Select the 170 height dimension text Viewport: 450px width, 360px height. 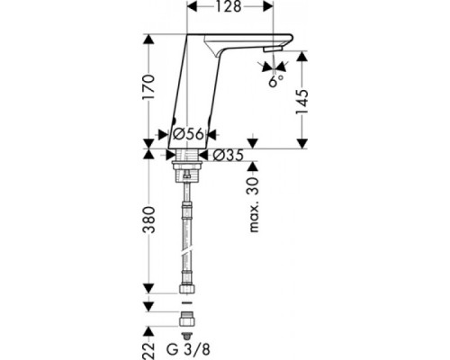(151, 89)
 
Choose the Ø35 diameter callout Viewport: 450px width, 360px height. (229, 154)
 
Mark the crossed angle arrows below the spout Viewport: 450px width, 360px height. (271, 67)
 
